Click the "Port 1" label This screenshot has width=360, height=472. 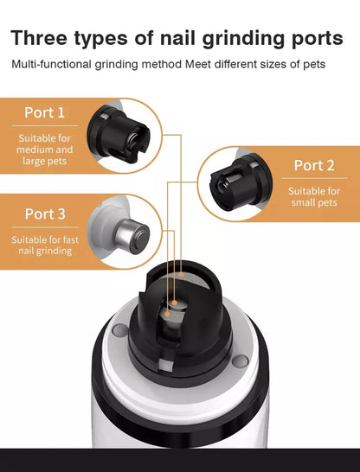point(44,112)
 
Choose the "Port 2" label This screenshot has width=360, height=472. point(314,165)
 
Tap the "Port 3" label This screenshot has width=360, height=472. point(44,214)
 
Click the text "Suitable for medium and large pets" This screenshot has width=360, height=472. point(44,149)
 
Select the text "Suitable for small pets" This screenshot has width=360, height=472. point(313,196)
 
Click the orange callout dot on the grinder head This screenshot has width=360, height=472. point(175,303)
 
